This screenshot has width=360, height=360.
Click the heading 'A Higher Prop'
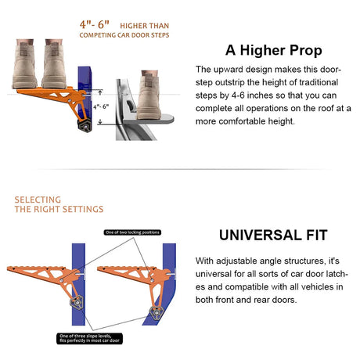(274, 50)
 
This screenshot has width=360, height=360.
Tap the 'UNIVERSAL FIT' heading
(273, 235)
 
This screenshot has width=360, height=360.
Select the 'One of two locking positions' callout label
(132, 232)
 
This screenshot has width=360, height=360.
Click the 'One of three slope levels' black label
(89, 338)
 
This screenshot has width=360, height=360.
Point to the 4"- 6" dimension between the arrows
(101, 106)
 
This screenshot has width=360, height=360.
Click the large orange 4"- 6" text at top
(95, 25)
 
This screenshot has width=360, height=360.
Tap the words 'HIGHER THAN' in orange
(145, 26)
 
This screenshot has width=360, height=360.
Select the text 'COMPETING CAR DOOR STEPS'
(124, 35)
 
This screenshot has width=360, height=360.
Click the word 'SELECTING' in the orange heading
(38, 200)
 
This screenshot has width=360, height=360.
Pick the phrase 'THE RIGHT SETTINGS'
(59, 209)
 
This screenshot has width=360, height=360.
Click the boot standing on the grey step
(149, 95)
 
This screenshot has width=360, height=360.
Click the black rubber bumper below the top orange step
(85, 126)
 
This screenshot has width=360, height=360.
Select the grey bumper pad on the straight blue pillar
(77, 303)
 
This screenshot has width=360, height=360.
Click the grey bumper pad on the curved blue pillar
(157, 313)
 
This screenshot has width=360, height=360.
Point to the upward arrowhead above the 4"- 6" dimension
(100, 92)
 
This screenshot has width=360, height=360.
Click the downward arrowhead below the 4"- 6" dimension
(100, 122)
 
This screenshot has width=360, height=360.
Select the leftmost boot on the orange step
(25, 64)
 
